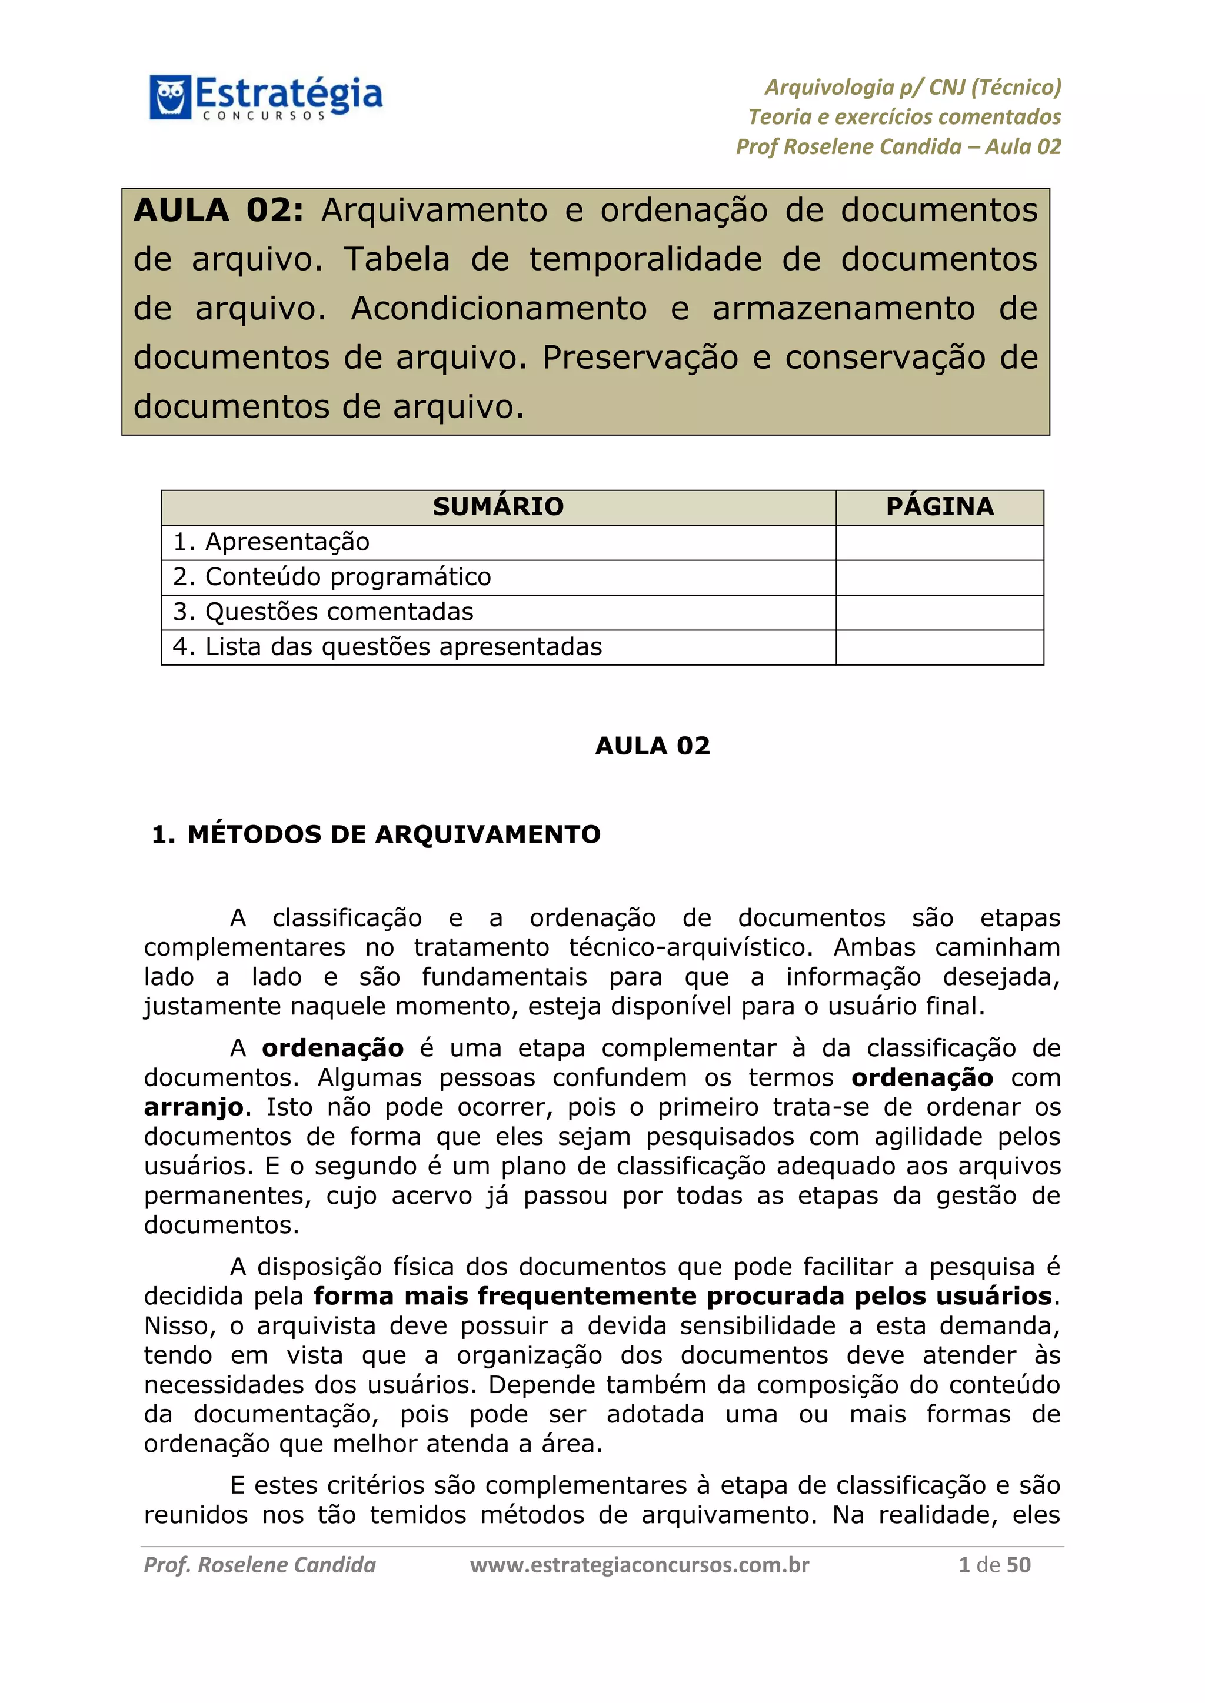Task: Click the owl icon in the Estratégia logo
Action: tap(170, 96)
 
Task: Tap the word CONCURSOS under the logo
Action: tap(264, 116)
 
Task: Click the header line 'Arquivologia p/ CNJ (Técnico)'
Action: tap(913, 88)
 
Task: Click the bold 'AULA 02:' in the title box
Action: tap(218, 211)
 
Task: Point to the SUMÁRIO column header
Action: tap(498, 506)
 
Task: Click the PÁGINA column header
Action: tap(940, 506)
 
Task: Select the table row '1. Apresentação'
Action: tap(272, 542)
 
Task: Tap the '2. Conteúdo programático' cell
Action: tap(332, 577)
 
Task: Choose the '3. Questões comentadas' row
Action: tap(324, 612)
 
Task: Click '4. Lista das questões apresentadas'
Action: tap(387, 647)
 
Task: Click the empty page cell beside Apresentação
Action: tap(940, 542)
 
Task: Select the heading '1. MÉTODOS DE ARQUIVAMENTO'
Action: tap(375, 834)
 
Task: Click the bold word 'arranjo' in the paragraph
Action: tap(193, 1107)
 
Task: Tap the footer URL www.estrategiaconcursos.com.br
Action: tap(640, 1565)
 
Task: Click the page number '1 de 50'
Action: tap(994, 1565)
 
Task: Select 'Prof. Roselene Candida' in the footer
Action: tap(259, 1565)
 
